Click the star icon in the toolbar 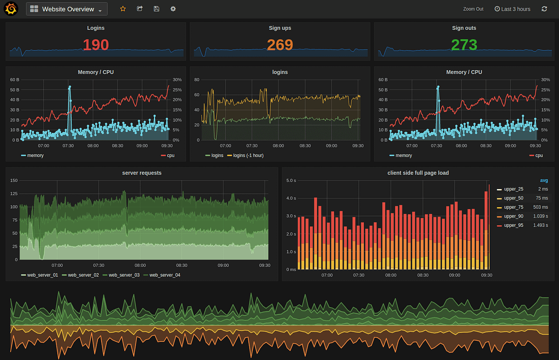[x=123, y=9]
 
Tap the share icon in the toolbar [x=140, y=9]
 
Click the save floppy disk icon [x=157, y=9]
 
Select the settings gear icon [x=173, y=9]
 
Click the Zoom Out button [x=473, y=9]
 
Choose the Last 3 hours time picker [x=512, y=9]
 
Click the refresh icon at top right [x=544, y=9]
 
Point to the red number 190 [x=95, y=45]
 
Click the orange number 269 [x=279, y=45]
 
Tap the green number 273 [x=464, y=45]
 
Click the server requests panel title [x=142, y=173]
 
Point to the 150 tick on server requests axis [x=14, y=180]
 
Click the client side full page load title [x=418, y=173]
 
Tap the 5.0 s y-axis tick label [x=291, y=181]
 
